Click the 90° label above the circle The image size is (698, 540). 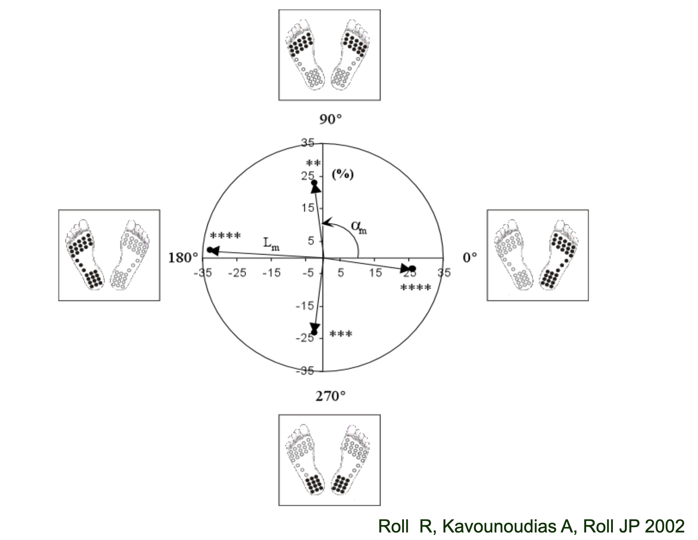(331, 119)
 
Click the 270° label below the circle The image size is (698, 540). (330, 396)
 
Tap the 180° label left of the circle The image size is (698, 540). (183, 258)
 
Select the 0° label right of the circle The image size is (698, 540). (469, 258)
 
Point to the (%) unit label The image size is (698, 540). (343, 174)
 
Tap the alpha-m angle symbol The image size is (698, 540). (358, 227)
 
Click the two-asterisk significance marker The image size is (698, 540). (313, 163)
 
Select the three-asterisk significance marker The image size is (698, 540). (341, 334)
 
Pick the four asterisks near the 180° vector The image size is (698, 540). (225, 236)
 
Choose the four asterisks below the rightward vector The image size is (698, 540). (416, 288)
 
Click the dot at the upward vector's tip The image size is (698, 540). (314, 183)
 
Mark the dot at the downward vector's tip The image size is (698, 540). (314, 332)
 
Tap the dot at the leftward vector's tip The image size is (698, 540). (210, 250)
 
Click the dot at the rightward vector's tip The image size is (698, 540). (413, 268)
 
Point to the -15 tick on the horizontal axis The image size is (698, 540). (271, 272)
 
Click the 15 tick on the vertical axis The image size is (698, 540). (308, 207)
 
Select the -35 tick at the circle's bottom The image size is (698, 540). (305, 371)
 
